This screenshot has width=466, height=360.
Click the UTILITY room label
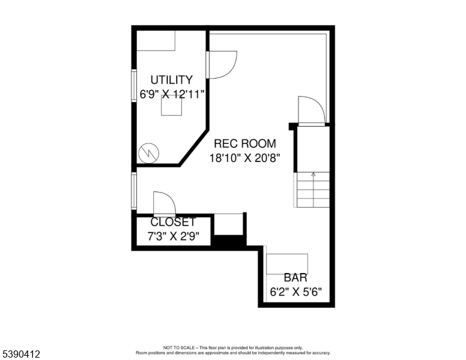click(172, 80)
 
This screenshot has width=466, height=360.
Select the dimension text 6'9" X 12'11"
click(172, 94)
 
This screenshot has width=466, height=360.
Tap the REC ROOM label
click(245, 143)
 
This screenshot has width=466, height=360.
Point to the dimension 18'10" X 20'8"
click(245, 158)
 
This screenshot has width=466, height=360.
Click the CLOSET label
click(173, 222)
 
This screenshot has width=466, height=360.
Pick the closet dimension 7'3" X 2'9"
click(174, 236)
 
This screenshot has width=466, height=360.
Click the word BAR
click(295, 277)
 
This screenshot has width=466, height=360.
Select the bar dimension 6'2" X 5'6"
click(295, 292)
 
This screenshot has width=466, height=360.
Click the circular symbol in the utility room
click(148, 153)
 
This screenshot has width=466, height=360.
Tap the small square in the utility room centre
click(172, 106)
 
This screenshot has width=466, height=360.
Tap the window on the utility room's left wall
click(134, 86)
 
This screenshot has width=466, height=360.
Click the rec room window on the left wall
click(134, 191)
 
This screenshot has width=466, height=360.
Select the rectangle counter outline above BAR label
click(287, 264)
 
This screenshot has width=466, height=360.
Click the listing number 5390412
click(21, 354)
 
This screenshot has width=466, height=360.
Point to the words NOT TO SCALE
click(178, 347)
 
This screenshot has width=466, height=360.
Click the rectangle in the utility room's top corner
click(156, 41)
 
